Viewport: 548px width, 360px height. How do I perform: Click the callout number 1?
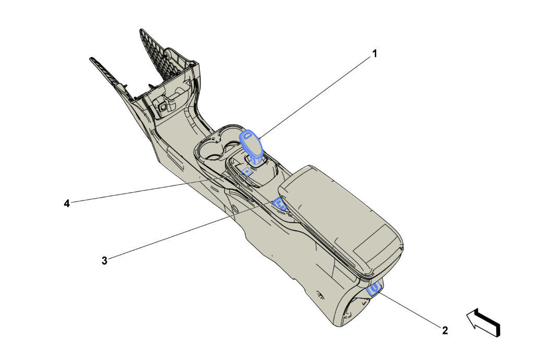coord(375,54)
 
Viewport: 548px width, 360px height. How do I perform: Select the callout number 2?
coord(445,330)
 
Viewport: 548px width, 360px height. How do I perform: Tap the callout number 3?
coord(104,260)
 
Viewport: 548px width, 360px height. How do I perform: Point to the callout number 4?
coord(67,203)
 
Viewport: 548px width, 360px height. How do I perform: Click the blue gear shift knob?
coord(252,147)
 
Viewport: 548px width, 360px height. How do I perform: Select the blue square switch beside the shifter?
coord(247,171)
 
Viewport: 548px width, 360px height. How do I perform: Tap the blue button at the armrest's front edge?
coord(280,203)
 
